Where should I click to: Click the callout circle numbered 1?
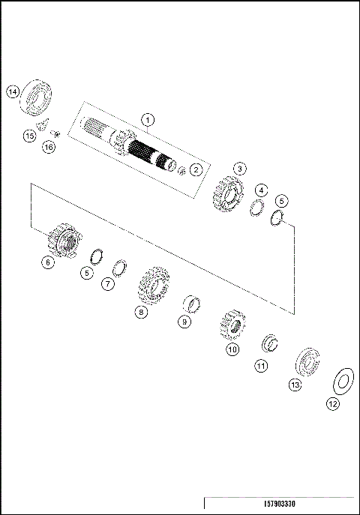(x=148, y=119)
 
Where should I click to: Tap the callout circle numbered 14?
(x=12, y=91)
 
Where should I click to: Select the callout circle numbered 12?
(x=332, y=403)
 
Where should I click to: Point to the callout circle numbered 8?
(x=139, y=313)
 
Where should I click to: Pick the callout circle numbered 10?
(x=232, y=349)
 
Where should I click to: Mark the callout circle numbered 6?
(x=47, y=262)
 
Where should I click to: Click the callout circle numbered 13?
(x=295, y=385)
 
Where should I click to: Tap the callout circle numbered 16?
(x=49, y=148)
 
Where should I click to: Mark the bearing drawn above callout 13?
(x=307, y=361)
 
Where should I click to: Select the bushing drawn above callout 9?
(x=195, y=305)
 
